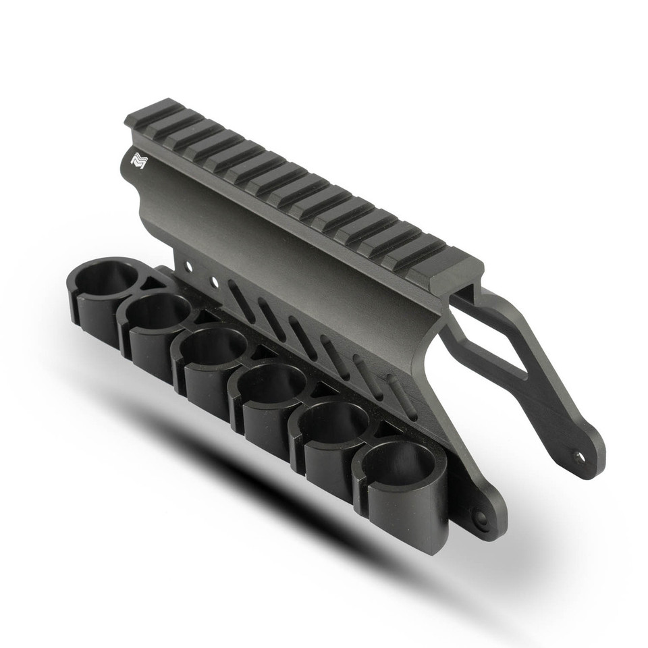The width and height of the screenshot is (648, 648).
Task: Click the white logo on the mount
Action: coord(138,161)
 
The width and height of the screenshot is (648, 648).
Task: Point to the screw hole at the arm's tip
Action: coord(578,456)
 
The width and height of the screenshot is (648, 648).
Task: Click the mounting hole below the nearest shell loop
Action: coord(480,518)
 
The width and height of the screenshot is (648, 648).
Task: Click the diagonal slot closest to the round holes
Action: coord(240,301)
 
